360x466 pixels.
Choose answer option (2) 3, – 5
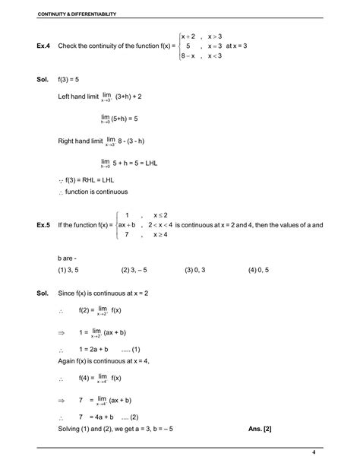[137, 269]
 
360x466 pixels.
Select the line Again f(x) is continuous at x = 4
[103, 360]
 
